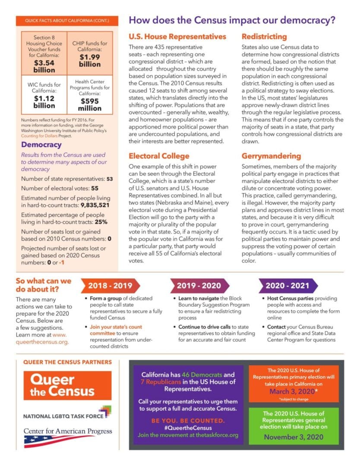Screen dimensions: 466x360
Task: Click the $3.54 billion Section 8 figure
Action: point(44,66)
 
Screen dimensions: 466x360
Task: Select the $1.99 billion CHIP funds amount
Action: point(90,60)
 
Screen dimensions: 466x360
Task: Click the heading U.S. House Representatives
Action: point(177,37)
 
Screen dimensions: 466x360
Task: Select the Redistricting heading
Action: point(264,37)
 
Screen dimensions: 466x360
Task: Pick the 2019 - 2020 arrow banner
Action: point(199,286)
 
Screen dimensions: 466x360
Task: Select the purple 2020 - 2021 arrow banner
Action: point(287,286)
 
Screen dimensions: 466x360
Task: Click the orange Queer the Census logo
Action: point(63,385)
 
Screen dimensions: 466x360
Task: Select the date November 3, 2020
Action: point(294,437)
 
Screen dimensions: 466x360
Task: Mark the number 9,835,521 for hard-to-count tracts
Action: point(95,205)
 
